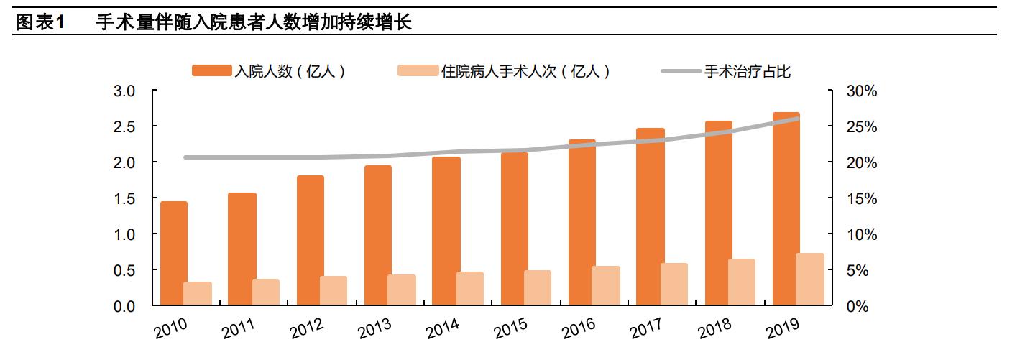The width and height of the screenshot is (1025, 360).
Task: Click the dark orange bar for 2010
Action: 174,254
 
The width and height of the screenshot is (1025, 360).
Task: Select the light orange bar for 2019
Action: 811,280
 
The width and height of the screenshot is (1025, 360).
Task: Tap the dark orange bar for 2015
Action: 515,229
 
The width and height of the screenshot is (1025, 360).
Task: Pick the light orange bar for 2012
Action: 334,291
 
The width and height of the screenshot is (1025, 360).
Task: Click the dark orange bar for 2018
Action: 719,213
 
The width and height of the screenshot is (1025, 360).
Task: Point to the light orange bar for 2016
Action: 606,286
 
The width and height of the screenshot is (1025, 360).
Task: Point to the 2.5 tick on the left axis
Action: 126,127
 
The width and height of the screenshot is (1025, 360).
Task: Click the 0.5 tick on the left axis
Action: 126,271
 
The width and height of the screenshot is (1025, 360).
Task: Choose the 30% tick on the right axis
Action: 860,91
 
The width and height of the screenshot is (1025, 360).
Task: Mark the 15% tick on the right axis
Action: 860,199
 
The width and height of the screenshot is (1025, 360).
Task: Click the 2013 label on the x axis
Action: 374,328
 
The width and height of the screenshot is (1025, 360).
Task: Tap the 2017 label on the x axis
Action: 646,328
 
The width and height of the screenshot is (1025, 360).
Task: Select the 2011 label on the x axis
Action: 239,328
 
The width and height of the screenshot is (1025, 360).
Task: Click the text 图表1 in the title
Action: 40,22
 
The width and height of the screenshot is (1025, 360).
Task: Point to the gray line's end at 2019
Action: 797,119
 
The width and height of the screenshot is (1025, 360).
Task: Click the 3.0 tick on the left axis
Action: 126,91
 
